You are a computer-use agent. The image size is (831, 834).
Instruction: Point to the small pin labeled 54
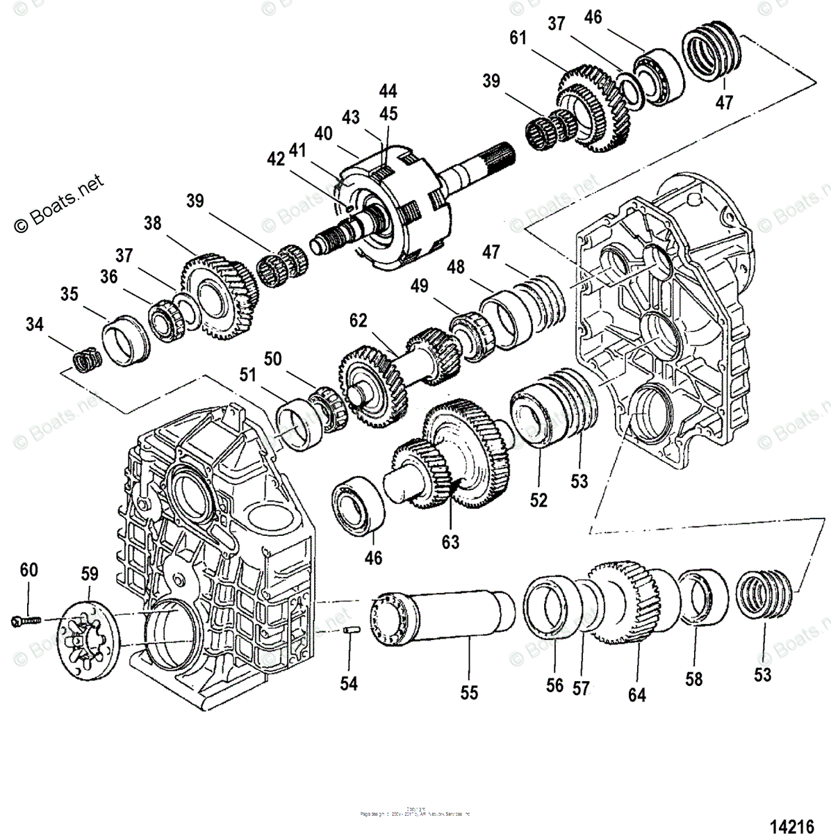pos(350,630)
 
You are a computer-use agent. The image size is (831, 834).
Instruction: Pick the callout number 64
pos(636,694)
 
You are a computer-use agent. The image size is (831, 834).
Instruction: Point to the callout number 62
pos(358,321)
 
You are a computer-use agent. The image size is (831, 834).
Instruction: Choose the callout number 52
pos(538,500)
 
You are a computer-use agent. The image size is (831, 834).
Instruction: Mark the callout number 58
pos(693,678)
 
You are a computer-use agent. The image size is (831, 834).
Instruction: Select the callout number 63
pos(450,541)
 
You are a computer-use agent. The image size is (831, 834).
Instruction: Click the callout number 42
pos(276,159)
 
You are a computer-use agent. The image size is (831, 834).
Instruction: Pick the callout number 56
pos(554,685)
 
